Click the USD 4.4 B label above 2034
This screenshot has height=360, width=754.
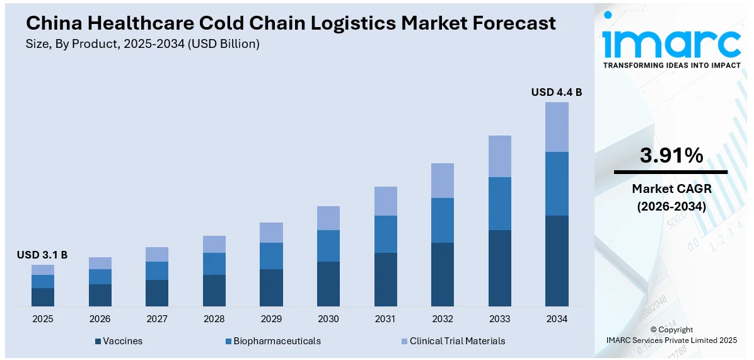pyautogui.click(x=556, y=92)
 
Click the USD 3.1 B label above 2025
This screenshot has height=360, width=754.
pyautogui.click(x=42, y=255)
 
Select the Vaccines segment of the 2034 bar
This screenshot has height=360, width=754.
pyautogui.click(x=556, y=261)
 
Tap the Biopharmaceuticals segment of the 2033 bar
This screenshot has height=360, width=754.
pyautogui.click(x=499, y=204)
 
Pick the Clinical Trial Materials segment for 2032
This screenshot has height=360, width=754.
pyautogui.click(x=442, y=180)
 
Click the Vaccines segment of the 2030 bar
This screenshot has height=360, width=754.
pyautogui.click(x=328, y=284)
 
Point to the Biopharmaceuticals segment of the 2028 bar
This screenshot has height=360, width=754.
pyautogui.click(x=214, y=264)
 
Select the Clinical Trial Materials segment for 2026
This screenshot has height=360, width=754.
pyautogui.click(x=100, y=263)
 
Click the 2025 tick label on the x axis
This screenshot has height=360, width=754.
pyautogui.click(x=42, y=319)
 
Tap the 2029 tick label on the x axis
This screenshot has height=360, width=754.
pyautogui.click(x=271, y=319)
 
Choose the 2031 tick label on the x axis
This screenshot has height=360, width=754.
pyautogui.click(x=385, y=319)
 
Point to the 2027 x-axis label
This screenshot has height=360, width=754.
pyautogui.click(x=157, y=319)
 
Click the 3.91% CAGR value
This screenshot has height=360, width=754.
pyautogui.click(x=671, y=155)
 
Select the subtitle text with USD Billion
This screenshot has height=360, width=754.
pyautogui.click(x=142, y=44)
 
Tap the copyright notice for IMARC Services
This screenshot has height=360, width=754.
pyautogui.click(x=671, y=335)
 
